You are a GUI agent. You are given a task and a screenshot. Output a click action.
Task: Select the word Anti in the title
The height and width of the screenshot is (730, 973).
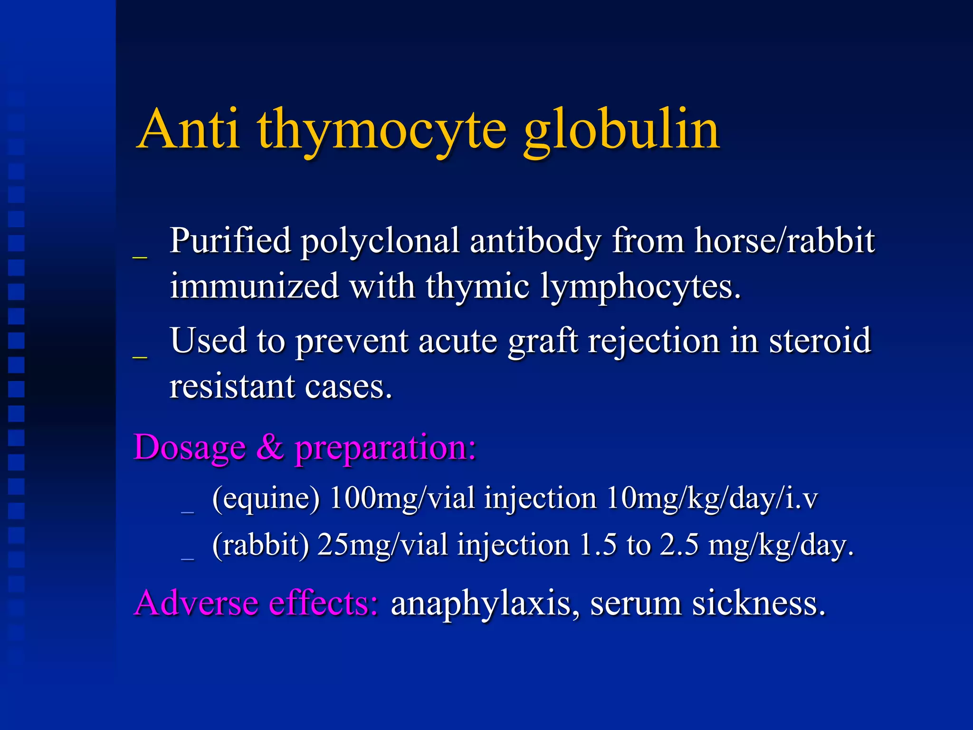coord(189,129)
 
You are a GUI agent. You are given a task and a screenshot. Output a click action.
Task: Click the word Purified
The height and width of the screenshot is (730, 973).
coord(230,240)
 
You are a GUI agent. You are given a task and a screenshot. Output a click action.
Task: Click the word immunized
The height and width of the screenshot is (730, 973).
coord(254,286)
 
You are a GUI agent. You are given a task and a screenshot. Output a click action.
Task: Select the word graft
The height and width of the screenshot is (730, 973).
coord(543,341)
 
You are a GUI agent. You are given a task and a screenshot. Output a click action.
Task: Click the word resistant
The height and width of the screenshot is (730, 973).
coord(232,386)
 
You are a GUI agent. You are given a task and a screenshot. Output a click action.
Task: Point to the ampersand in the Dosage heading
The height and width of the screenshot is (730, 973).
coord(270,448)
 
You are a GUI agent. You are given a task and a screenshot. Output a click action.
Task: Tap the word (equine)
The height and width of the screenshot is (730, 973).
coord(266,499)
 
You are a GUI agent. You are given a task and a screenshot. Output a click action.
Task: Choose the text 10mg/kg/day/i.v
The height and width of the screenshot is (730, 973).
coord(712,499)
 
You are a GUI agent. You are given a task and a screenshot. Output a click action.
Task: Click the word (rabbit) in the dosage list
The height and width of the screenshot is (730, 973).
coord(260,545)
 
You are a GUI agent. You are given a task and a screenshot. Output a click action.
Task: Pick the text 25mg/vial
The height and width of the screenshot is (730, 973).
coord(382,545)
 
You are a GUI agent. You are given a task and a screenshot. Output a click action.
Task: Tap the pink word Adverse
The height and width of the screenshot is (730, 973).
coord(197,603)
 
